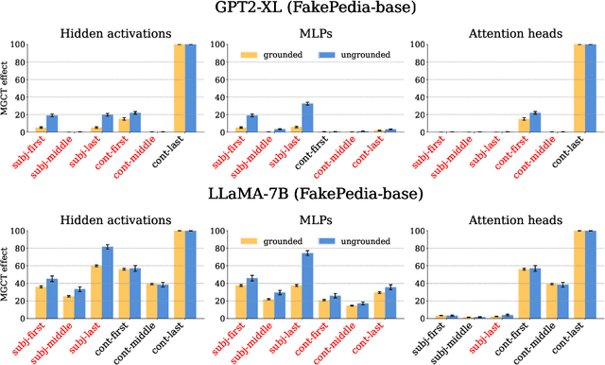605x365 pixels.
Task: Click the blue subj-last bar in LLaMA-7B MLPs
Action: coord(306,287)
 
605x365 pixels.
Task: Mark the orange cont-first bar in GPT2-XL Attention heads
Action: coord(523,125)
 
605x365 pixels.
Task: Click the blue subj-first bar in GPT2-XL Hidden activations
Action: coord(52,124)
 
